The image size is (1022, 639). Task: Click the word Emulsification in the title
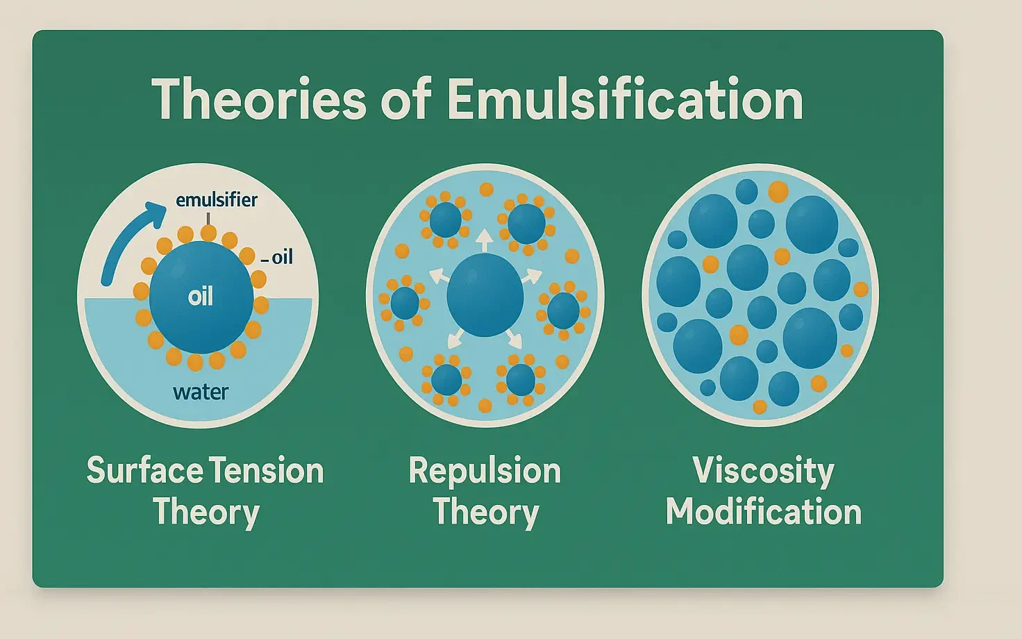point(625,99)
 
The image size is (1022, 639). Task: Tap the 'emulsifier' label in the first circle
point(216,200)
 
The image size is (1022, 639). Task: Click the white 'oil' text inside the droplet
point(201,297)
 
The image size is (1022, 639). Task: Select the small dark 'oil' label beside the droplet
point(282,258)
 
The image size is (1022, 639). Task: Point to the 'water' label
point(201,392)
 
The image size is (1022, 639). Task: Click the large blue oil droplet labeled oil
point(201,319)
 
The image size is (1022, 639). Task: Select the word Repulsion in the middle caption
point(485,471)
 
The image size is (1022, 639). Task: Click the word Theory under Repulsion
point(486,513)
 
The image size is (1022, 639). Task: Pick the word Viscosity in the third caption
point(763,471)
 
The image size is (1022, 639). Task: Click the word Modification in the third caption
point(763,512)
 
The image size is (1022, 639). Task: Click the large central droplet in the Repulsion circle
point(485,294)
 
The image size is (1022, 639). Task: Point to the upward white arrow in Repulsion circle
point(485,240)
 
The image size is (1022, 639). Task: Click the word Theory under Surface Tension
point(206,513)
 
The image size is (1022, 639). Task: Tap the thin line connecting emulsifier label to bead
point(208,218)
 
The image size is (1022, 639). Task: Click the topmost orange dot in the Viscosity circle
point(778,191)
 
